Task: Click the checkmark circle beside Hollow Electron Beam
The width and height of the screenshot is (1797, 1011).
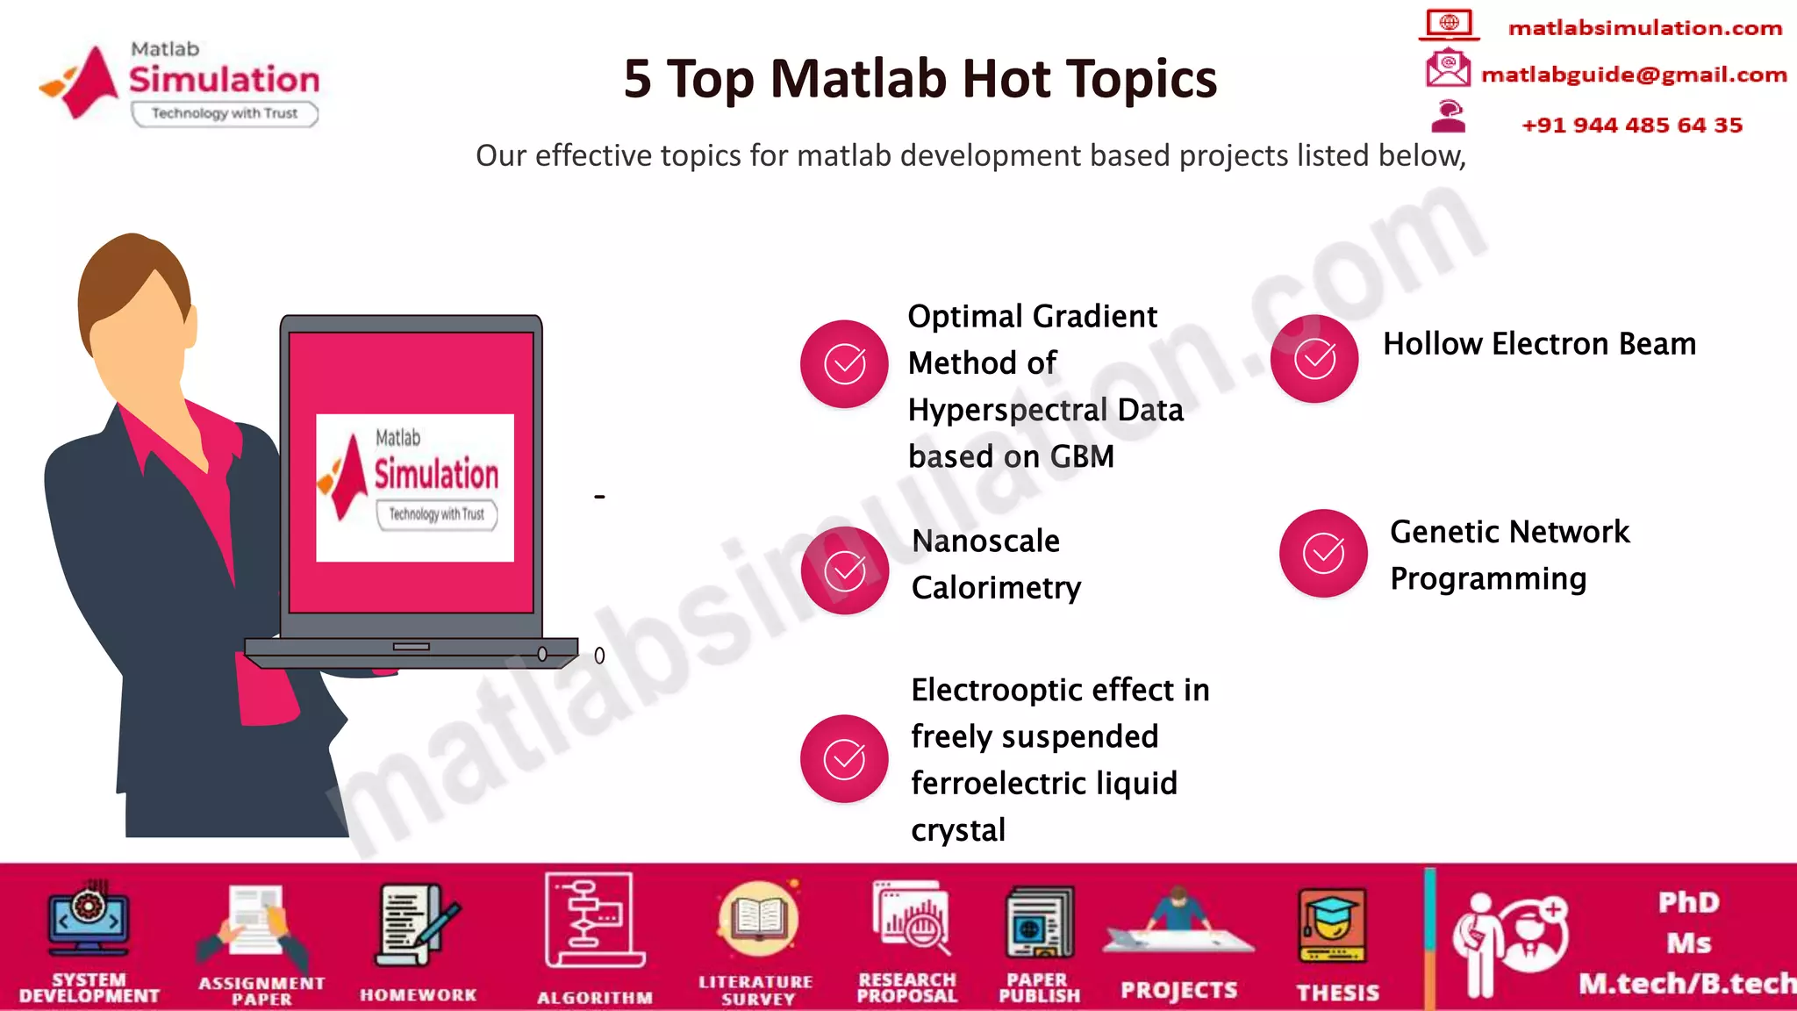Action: tap(1314, 359)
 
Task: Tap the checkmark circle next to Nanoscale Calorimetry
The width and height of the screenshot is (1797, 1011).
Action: tap(845, 570)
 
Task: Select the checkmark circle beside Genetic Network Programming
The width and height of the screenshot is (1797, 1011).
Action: tap(1323, 553)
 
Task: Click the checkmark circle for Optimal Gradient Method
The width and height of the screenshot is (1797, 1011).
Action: tap(844, 363)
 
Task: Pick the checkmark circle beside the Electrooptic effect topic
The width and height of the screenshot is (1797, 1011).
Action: tap(844, 759)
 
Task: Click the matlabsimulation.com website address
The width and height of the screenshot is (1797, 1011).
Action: tap(1644, 28)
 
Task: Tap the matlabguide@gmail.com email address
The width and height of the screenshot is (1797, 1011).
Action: tap(1633, 75)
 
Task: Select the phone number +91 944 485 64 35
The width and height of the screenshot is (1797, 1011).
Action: tap(1631, 125)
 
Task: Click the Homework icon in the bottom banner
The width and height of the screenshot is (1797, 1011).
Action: tap(418, 925)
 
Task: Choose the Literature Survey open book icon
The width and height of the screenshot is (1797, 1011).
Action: tap(758, 918)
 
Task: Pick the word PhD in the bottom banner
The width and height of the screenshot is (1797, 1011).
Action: tap(1688, 902)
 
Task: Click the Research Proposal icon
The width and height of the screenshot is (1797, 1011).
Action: tap(910, 918)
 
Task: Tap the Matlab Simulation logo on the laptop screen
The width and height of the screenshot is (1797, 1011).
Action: tap(414, 487)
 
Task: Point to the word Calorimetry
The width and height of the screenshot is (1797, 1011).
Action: tap(996, 587)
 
